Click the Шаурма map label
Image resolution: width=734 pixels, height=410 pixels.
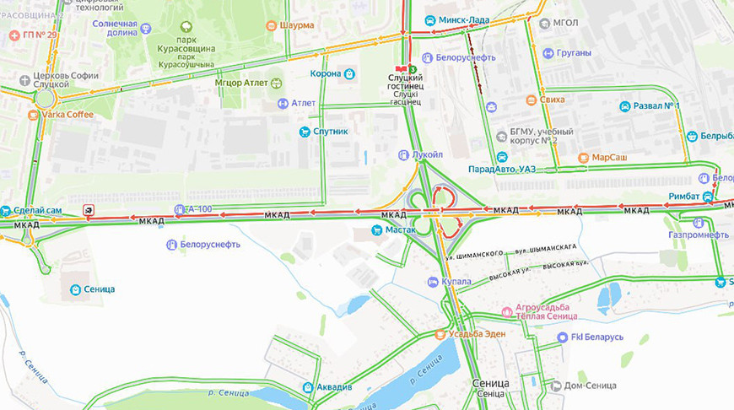pyautogui.click(x=295, y=25)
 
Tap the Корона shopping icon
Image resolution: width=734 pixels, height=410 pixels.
pyautogui.click(x=349, y=74)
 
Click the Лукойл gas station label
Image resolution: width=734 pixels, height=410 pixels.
pyautogui.click(x=427, y=155)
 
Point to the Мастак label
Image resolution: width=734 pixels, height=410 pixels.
pyautogui.click(x=397, y=229)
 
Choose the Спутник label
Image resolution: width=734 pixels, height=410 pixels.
pyautogui.click(x=331, y=132)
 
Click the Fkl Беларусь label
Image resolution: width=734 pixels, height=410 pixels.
pyautogui.click(x=597, y=337)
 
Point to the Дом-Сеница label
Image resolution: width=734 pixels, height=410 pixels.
pyautogui.click(x=591, y=386)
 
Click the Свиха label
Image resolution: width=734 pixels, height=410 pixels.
pyautogui.click(x=553, y=100)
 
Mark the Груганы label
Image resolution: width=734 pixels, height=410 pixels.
pyautogui.click(x=574, y=53)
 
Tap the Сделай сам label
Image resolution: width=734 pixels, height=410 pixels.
pyautogui.click(x=37, y=210)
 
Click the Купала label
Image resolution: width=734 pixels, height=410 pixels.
pyautogui.click(x=455, y=282)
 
